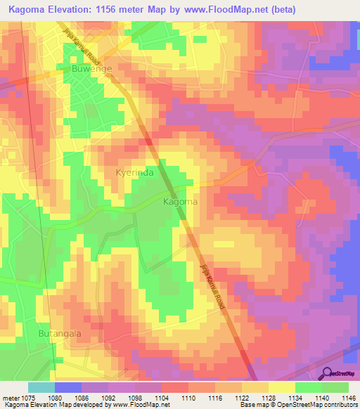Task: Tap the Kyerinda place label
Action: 134,172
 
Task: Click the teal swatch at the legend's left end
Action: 41,387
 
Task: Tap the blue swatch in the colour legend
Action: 68,387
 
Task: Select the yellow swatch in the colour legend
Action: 281,387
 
